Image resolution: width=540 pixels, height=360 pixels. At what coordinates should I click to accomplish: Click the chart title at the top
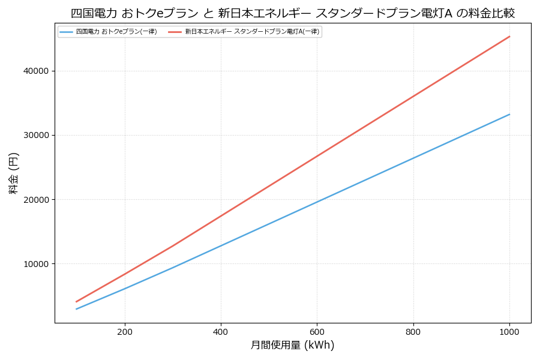(292, 13)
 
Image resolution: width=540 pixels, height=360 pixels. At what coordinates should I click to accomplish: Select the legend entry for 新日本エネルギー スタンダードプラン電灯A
(252, 32)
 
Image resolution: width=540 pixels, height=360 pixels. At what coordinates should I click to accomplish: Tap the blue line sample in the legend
(67, 32)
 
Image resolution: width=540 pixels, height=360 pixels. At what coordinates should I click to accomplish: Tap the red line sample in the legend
(175, 32)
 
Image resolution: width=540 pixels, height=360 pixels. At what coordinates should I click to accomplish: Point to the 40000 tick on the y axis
(36, 71)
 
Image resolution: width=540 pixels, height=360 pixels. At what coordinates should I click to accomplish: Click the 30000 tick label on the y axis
(36, 135)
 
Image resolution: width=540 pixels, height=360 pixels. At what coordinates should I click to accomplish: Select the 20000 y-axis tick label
(36, 199)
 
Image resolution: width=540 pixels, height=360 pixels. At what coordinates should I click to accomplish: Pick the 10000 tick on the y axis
(36, 263)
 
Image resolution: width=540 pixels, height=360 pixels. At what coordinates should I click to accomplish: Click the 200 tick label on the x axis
(124, 331)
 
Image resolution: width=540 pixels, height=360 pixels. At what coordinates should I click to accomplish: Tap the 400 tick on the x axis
(221, 331)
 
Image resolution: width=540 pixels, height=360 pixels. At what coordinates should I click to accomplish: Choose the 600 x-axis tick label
(317, 331)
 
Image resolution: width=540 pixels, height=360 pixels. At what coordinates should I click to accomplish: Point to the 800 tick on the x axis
(413, 331)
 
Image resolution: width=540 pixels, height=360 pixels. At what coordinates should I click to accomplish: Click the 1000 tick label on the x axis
(509, 331)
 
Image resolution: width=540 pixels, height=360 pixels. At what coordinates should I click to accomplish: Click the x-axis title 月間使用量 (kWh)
(292, 345)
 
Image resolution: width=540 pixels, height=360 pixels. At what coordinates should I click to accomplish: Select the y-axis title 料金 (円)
(13, 173)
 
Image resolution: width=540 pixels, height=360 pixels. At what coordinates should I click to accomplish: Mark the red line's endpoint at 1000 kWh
(509, 36)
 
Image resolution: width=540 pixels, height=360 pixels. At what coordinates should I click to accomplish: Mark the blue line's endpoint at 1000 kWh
(509, 114)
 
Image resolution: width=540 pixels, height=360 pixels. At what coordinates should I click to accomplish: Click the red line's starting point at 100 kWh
(76, 302)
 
